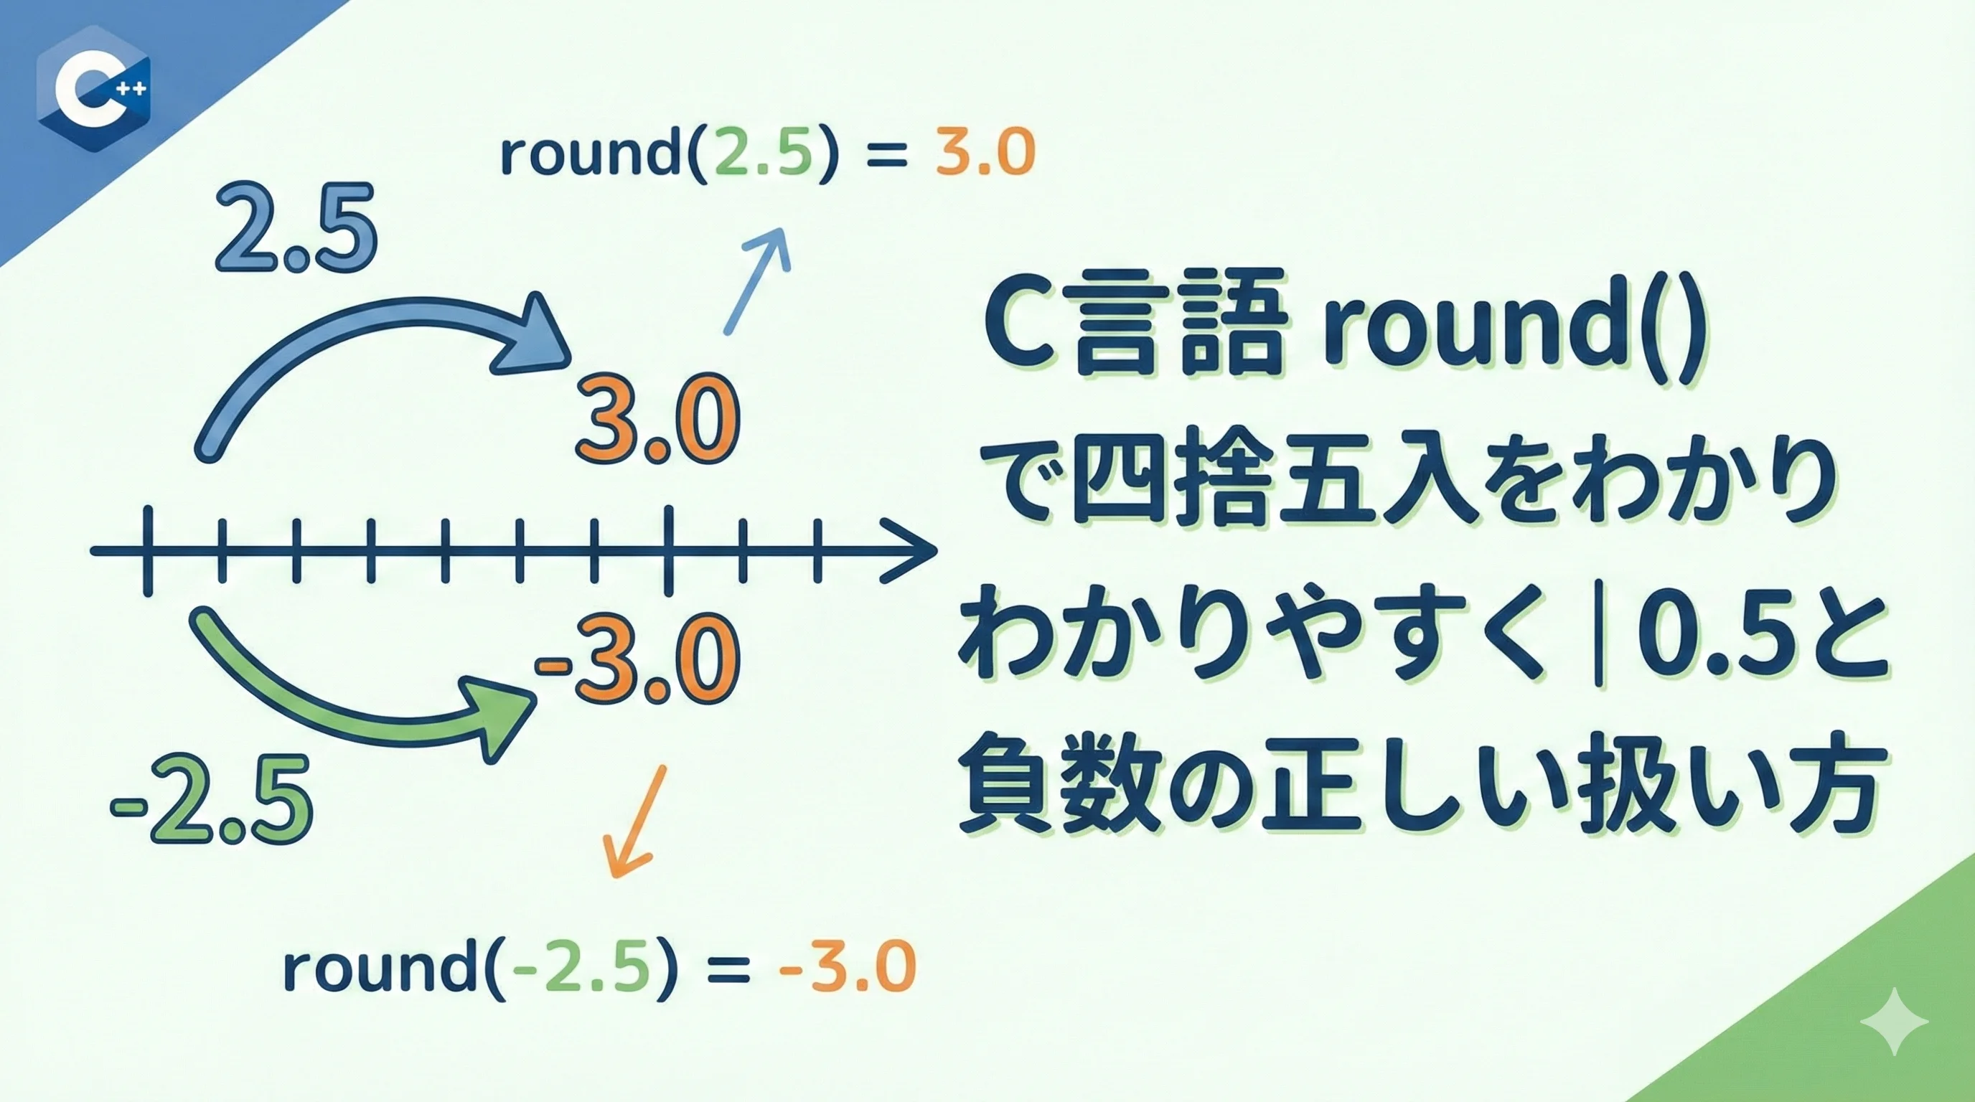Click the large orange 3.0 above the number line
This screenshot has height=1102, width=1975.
658,419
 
